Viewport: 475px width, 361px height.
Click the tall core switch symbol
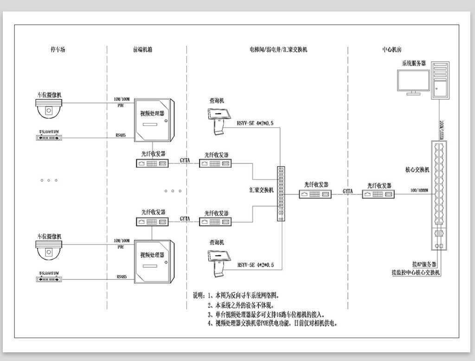point(440,195)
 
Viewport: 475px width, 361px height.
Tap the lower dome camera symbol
point(49,250)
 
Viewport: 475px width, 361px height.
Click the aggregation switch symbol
point(281,193)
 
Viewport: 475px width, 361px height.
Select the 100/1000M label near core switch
point(419,191)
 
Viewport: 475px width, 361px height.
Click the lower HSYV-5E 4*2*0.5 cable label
point(256,265)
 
